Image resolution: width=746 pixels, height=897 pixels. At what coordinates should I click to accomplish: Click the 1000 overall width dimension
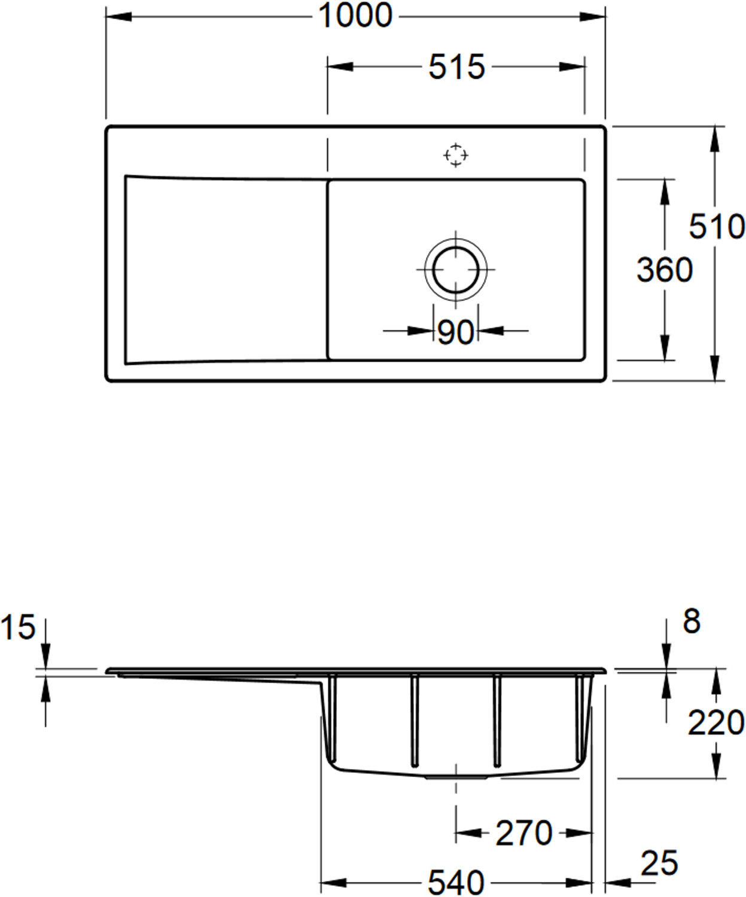(355, 16)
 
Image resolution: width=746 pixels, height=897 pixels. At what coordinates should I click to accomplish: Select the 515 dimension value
(457, 67)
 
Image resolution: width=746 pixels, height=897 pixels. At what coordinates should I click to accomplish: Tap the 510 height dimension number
(717, 227)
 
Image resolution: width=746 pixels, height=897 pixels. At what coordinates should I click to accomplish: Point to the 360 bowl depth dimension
(665, 270)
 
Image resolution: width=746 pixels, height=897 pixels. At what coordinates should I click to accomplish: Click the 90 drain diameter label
(455, 332)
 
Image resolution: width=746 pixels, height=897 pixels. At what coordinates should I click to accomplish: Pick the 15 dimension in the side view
(17, 627)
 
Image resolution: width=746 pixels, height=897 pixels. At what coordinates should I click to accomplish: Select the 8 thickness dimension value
(692, 621)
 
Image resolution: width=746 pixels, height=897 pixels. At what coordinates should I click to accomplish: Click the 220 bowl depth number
(716, 722)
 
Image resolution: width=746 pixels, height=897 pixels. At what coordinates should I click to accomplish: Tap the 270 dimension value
(524, 833)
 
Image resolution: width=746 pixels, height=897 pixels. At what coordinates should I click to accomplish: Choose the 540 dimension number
(456, 883)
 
